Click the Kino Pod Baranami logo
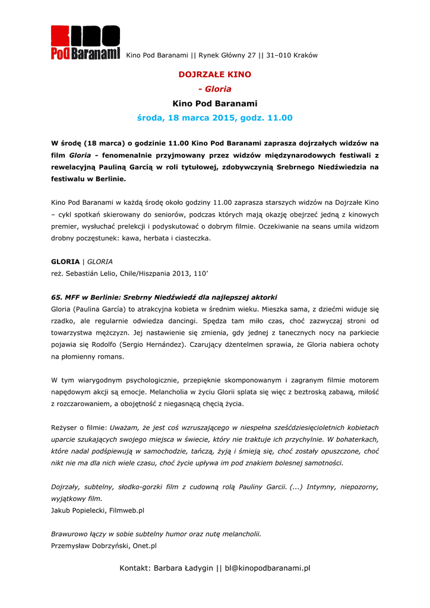85,43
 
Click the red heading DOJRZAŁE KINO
215,75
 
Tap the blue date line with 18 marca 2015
215,118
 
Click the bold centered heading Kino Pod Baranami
215,103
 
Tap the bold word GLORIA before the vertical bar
65,261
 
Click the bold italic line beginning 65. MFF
165,297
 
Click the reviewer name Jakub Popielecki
78,510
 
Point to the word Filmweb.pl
127,510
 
